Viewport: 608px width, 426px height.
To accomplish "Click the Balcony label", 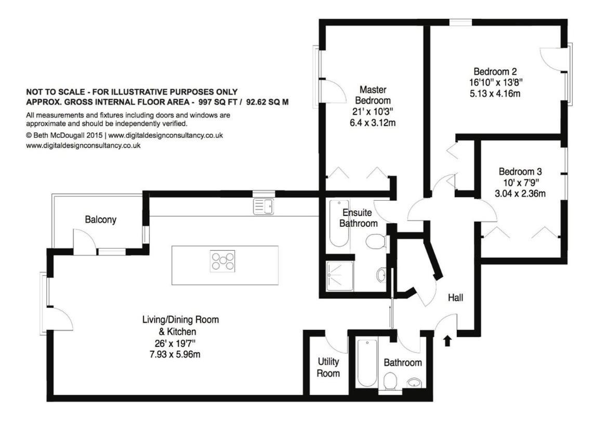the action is [100, 220].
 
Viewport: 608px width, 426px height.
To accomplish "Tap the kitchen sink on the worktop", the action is [263, 206].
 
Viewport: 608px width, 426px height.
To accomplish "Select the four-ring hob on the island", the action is [222, 261].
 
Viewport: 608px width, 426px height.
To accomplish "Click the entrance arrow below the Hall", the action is [447, 341].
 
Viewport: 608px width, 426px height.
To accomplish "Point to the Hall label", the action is [456, 298].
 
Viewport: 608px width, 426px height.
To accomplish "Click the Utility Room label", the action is [328, 367].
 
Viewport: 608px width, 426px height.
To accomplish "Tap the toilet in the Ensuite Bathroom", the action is [376, 242].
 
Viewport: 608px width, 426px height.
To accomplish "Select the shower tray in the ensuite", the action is [340, 276].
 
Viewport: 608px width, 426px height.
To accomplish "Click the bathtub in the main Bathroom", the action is [366, 363].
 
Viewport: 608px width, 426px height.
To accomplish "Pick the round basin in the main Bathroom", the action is [415, 383].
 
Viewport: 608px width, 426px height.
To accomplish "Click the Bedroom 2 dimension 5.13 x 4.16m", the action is [495, 94].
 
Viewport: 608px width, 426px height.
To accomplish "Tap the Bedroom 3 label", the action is [520, 172].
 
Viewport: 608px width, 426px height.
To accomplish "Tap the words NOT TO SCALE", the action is [55, 92].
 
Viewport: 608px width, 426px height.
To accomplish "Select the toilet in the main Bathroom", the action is [390, 381].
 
